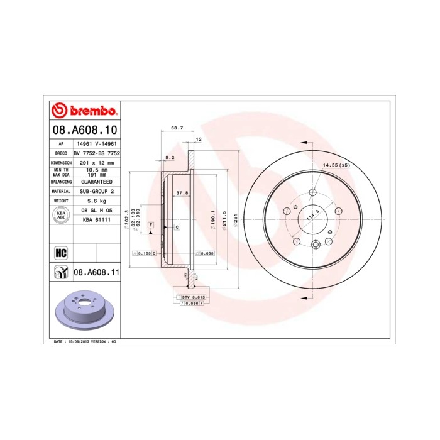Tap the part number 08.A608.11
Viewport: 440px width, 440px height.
(97, 272)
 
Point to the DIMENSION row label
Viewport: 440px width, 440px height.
(60, 162)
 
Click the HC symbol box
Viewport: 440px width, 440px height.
(61, 253)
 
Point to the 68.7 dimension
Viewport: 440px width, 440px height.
(177, 128)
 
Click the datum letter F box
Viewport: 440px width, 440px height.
(151, 224)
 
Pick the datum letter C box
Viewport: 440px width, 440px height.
(177, 226)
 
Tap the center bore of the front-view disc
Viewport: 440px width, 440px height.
(313, 219)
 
